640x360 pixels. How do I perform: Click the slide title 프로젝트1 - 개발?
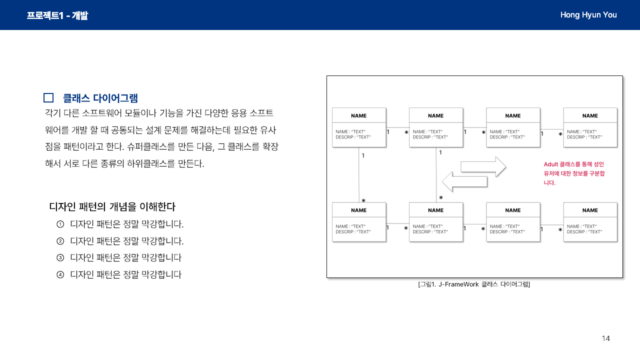coord(57,15)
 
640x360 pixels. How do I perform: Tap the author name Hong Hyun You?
coord(588,15)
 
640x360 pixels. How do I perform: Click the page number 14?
coord(605,338)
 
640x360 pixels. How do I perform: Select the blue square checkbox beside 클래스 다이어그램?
coord(48,98)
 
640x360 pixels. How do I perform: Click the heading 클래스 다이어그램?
coord(100,98)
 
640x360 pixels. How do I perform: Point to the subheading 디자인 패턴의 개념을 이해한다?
coord(112,206)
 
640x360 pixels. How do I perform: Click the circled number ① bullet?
coord(60,224)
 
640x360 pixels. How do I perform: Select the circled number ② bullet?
coord(60,241)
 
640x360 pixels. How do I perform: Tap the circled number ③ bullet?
coord(60,258)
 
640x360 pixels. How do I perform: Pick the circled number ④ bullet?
coord(60,274)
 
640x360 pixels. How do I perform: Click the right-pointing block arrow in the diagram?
coord(483,166)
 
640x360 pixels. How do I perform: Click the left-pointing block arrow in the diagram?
coord(464,181)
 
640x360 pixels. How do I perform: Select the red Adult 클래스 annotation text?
coord(574,173)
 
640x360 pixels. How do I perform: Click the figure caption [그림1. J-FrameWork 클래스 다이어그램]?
coord(474,284)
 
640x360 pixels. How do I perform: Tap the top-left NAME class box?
coord(359,127)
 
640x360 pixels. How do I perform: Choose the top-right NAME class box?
coord(590,127)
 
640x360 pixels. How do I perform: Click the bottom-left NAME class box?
coord(359,221)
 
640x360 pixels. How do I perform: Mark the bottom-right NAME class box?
coord(590,221)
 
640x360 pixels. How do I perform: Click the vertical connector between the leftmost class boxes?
coord(359,174)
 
